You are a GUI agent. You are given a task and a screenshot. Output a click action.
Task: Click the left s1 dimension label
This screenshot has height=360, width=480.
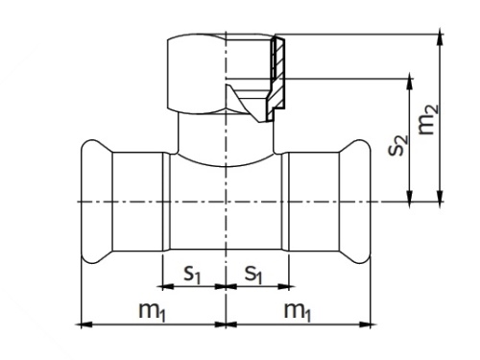pyautogui.click(x=192, y=275)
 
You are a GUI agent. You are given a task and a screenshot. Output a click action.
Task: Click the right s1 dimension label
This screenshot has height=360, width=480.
pyautogui.click(x=253, y=275)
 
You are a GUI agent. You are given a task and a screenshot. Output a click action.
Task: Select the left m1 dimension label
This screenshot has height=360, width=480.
pyautogui.click(x=153, y=311)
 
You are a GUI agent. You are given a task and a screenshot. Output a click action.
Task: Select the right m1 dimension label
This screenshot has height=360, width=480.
pyautogui.click(x=298, y=311)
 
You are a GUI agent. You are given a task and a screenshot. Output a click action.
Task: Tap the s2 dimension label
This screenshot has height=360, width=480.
pyautogui.click(x=398, y=145)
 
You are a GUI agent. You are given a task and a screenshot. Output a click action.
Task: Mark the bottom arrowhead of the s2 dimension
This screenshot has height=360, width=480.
pyautogui.click(x=410, y=196)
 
